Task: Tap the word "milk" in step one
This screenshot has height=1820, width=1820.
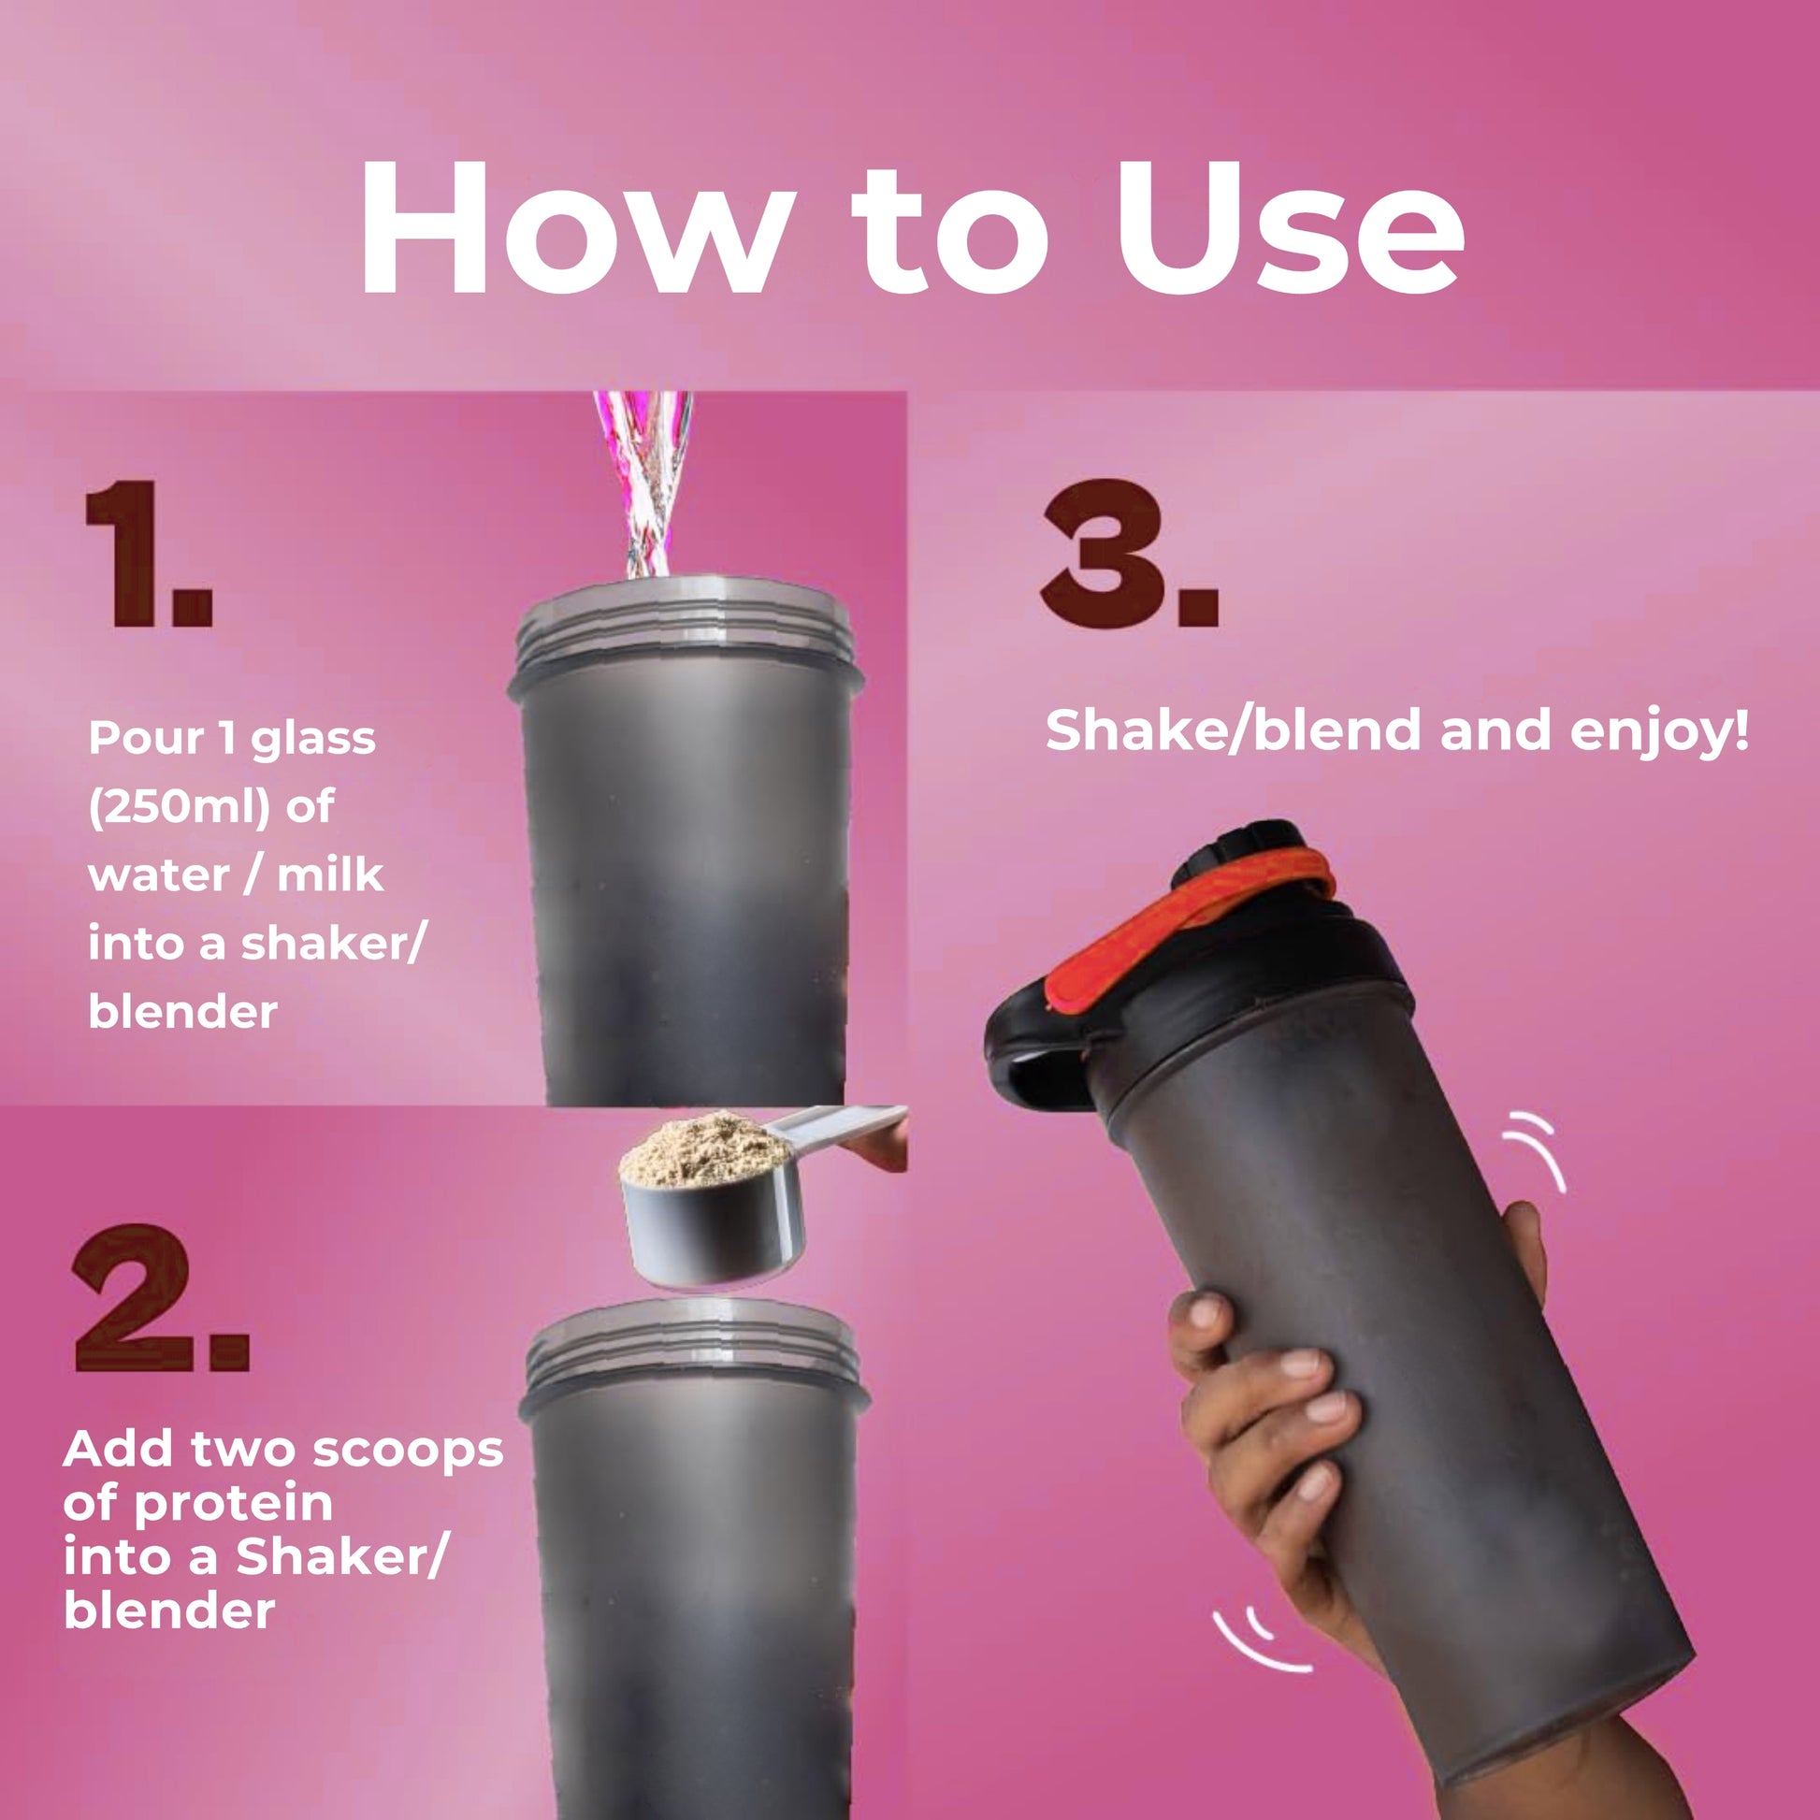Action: click(330, 875)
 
